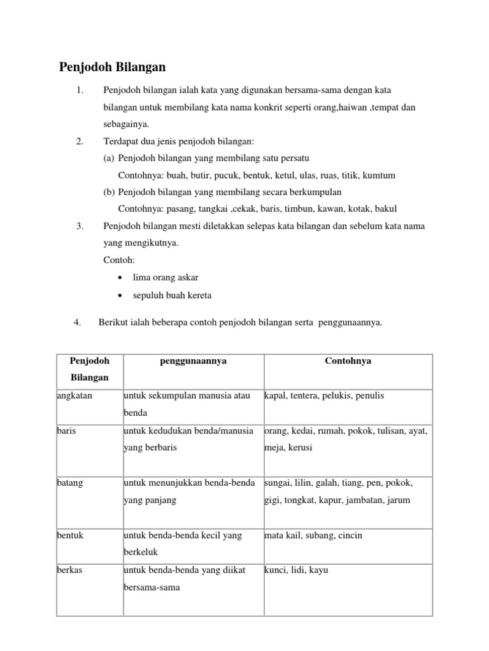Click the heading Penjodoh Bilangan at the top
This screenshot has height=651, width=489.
[x=112, y=67]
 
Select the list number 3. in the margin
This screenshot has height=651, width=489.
[x=80, y=226]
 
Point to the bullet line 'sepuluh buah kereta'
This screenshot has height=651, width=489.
[x=171, y=295]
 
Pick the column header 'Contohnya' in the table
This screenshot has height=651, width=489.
[x=348, y=360]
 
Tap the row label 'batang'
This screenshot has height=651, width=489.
[x=69, y=483]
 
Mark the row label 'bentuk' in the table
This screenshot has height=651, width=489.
[x=70, y=535]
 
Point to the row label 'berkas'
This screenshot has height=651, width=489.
[x=70, y=570]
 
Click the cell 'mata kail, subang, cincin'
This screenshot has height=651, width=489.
[x=313, y=535]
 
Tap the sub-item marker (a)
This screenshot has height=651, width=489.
[x=109, y=158]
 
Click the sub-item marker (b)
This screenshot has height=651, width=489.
[x=109, y=191]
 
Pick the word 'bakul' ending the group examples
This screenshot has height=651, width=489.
[x=395, y=209]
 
